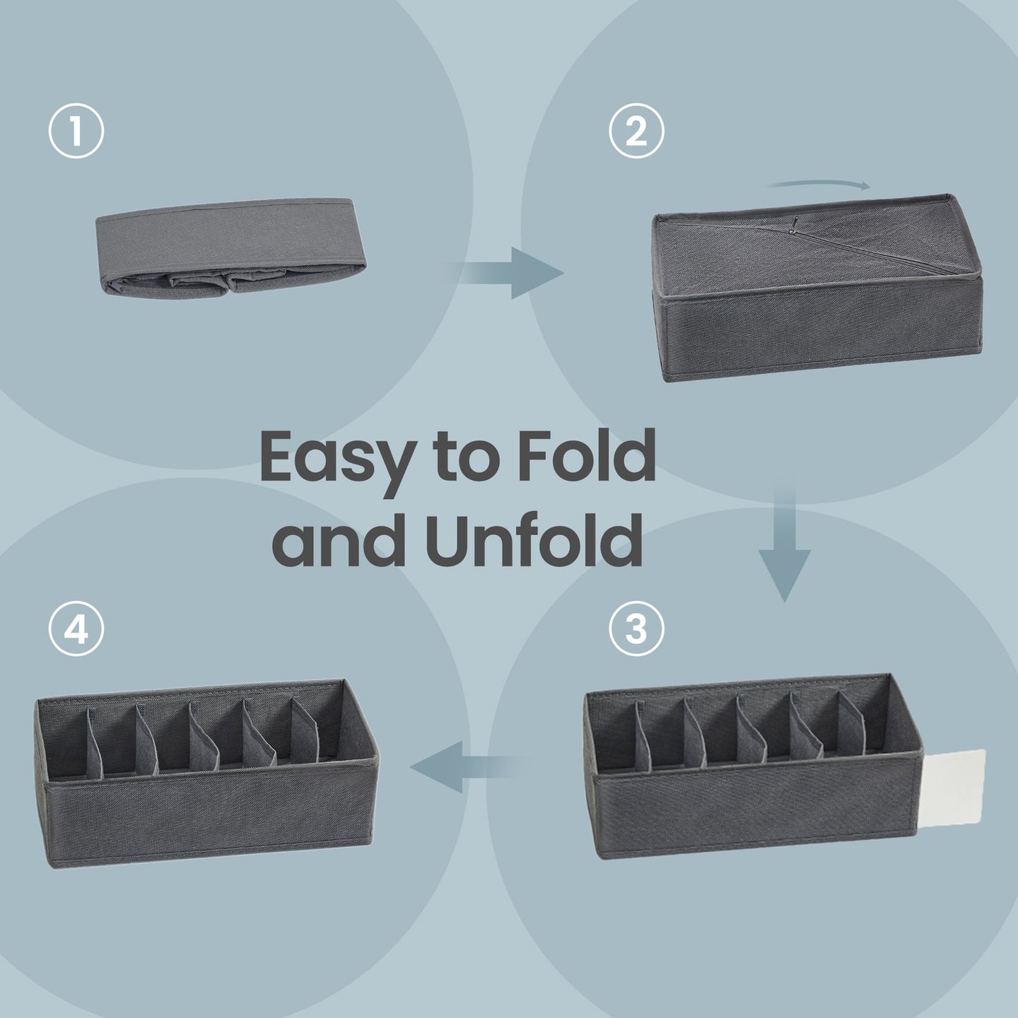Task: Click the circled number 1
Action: coord(76,131)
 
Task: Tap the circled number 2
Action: coord(636,131)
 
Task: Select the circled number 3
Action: coord(636,629)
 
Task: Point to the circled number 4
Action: coord(76,629)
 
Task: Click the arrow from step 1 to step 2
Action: coord(507,273)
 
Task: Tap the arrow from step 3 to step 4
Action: coord(466,766)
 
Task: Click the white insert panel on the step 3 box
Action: coord(954,785)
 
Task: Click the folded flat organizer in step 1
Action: coord(230,248)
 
